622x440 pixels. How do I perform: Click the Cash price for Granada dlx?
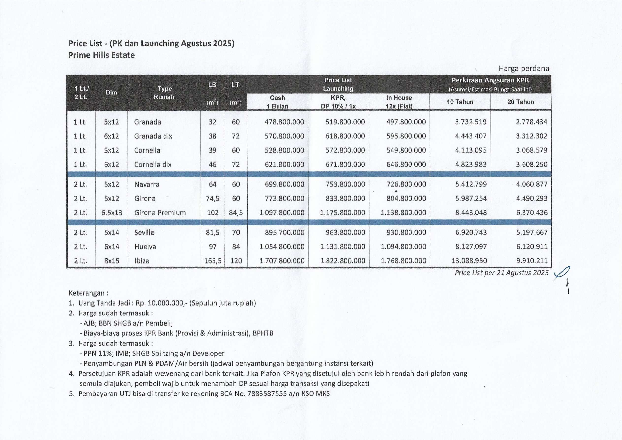pos(284,136)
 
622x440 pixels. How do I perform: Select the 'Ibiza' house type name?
pos(142,261)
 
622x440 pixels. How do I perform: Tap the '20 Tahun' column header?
pos(521,102)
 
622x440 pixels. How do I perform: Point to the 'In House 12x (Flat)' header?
pos(399,102)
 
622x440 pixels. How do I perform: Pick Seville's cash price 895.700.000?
pos(284,232)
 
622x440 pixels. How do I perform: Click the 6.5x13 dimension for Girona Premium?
pos(112,213)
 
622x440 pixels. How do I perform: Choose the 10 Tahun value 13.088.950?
pos(469,261)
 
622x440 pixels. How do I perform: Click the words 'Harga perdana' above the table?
pos(524,69)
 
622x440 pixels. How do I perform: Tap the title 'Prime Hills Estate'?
pos(101,55)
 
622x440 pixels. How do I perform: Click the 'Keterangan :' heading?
pos(89,293)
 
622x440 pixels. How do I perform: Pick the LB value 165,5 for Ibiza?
pos(213,261)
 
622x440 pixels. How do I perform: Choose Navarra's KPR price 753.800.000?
pos(345,184)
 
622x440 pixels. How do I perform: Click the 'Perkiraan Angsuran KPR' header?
pos(490,80)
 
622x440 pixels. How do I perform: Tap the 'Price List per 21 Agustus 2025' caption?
pos(501,273)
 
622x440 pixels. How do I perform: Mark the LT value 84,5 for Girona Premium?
pos(236,213)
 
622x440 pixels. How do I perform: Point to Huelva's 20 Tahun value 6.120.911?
pos(531,247)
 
